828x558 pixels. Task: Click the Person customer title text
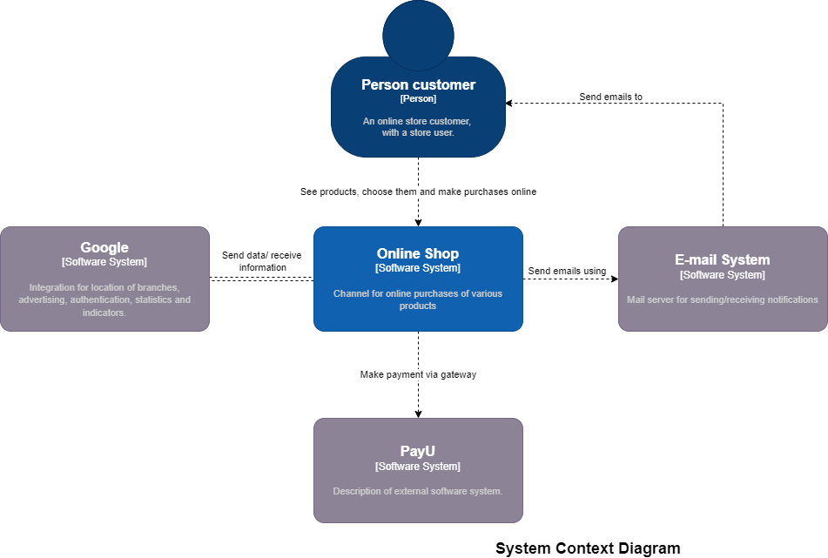click(418, 84)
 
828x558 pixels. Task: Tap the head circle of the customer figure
click(418, 35)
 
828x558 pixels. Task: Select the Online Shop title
click(418, 253)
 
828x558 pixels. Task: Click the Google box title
click(104, 247)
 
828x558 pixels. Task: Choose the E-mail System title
click(723, 259)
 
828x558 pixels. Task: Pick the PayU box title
click(418, 451)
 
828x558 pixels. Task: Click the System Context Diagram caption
click(588, 548)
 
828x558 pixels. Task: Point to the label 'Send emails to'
click(611, 97)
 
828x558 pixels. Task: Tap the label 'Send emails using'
click(567, 271)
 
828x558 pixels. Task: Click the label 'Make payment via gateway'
click(418, 374)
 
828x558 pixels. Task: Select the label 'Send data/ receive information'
click(262, 261)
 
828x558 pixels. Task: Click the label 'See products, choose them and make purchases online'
click(418, 192)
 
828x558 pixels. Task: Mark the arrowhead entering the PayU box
click(418, 413)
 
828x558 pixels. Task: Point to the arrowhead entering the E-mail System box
click(614, 279)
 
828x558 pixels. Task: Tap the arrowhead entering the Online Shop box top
click(418, 222)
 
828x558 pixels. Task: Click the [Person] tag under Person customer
click(418, 99)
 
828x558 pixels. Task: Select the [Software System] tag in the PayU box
click(418, 467)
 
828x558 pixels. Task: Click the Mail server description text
click(723, 299)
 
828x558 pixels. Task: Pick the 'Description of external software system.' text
click(418, 491)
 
